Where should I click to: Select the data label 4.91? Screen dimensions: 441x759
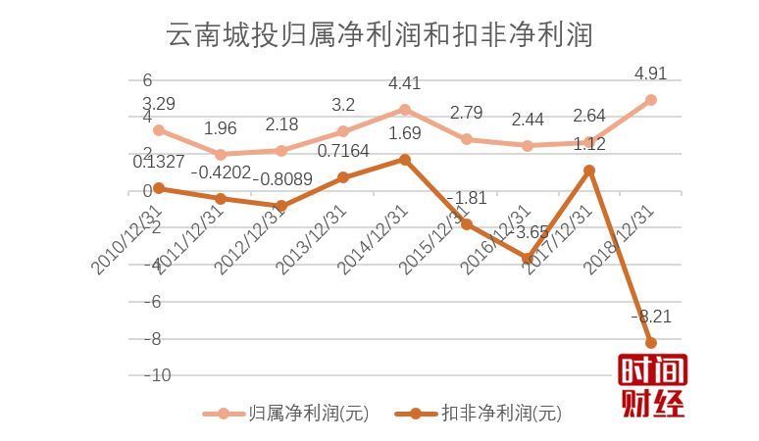tap(651, 73)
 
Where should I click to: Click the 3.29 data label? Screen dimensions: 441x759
tap(159, 103)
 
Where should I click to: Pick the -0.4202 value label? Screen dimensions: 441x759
tap(221, 172)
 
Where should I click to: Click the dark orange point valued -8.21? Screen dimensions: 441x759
tap(650, 342)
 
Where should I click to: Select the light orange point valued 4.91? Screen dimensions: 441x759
tap(650, 100)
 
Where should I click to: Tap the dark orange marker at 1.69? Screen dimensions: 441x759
tap(405, 159)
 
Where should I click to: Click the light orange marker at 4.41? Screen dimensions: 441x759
tap(405, 109)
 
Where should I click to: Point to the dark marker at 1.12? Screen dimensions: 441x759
tap(589, 170)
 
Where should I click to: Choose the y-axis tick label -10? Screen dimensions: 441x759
tap(156, 375)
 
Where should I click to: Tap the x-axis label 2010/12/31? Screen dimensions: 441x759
tap(126, 238)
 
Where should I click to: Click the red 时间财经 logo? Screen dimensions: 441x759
tap(652, 385)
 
